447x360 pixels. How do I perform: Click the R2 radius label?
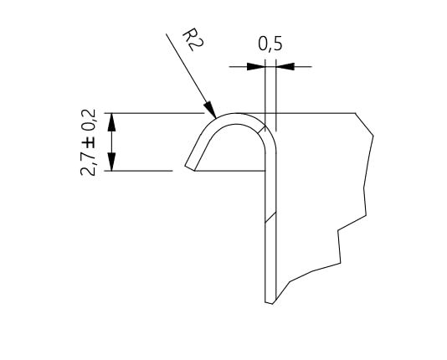tap(193, 39)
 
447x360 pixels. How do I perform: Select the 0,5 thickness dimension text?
tap(270, 44)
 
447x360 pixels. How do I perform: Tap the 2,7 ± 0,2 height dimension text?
tap(88, 142)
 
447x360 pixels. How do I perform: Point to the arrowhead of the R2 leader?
tap(211, 109)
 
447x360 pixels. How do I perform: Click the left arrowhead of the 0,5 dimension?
tap(256, 67)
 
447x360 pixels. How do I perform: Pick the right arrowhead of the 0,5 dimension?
tap(285, 67)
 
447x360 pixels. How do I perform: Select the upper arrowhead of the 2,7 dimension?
tap(111, 122)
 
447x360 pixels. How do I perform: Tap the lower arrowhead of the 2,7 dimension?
tap(111, 162)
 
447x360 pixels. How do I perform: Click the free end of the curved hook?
tap(190, 168)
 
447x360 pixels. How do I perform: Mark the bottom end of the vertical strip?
tap(270, 303)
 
